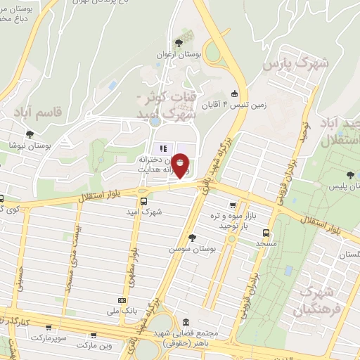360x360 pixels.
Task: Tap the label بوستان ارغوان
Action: [x=188, y=53]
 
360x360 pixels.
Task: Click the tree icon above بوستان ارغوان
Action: [x=187, y=41]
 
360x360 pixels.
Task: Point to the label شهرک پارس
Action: [x=296, y=65]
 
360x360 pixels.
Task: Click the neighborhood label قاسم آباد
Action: [x=37, y=111]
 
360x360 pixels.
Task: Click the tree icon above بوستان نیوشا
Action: [x=29, y=134]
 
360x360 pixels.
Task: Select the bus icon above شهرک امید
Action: [x=144, y=201]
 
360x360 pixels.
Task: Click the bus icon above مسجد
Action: [x=265, y=232]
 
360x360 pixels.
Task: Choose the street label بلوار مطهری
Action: [x=131, y=270]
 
